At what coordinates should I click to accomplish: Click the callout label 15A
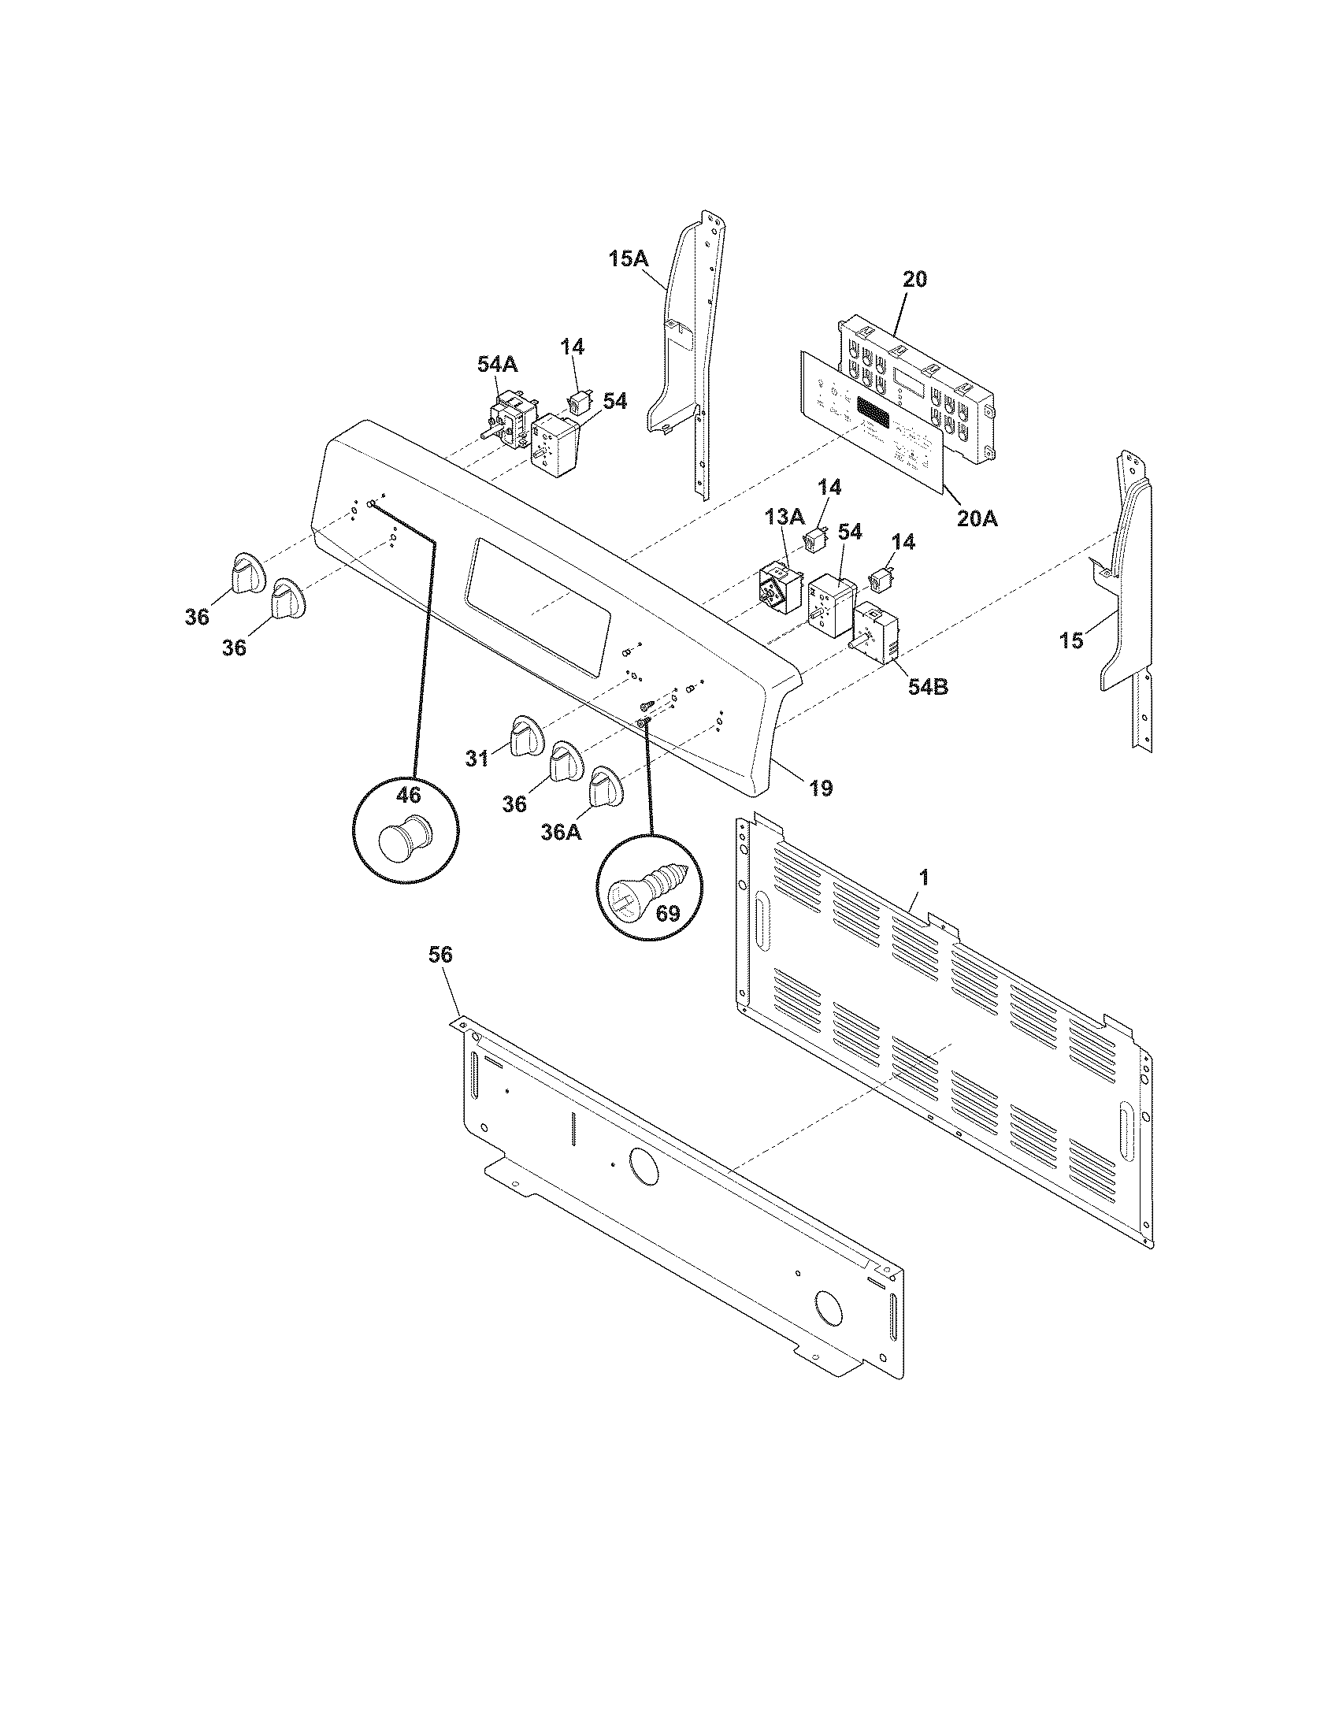(x=629, y=258)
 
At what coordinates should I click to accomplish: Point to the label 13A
(x=784, y=518)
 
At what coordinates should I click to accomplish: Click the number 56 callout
(x=440, y=955)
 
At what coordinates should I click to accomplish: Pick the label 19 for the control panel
(x=822, y=788)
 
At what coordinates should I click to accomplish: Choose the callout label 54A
(x=496, y=364)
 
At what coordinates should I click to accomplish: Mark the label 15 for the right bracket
(x=1071, y=640)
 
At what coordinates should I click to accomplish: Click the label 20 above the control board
(x=913, y=280)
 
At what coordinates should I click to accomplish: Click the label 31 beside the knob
(x=476, y=759)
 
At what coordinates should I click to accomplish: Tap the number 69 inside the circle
(x=668, y=913)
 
